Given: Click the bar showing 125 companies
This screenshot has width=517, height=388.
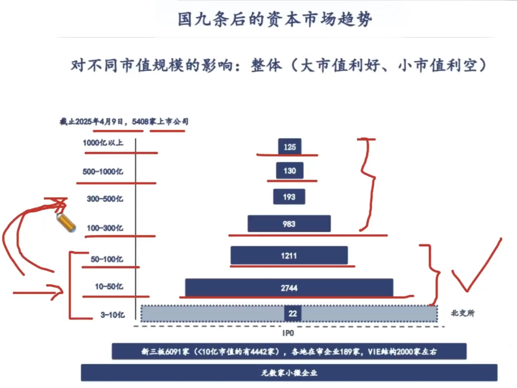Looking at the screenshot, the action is [x=290, y=146].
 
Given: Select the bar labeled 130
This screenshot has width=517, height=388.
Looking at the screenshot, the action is [x=290, y=171].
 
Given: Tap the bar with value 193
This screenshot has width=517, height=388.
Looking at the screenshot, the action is [x=289, y=197].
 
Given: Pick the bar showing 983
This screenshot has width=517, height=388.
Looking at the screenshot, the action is [x=289, y=224].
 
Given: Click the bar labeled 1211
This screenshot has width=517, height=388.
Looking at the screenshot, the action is [x=289, y=255].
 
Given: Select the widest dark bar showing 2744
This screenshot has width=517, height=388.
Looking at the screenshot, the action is [x=289, y=287].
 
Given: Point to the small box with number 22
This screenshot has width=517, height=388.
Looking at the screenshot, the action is [x=293, y=313].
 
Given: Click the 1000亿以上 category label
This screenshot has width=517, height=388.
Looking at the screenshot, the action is [x=103, y=143].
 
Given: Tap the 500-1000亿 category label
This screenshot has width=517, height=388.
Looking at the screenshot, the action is [x=103, y=171].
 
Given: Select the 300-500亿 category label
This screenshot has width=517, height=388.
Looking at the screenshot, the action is [x=105, y=199].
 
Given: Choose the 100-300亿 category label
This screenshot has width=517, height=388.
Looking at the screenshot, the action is [x=105, y=228].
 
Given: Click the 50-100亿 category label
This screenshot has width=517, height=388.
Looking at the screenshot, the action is [x=107, y=259].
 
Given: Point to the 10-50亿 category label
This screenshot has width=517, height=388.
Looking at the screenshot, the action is [x=109, y=287].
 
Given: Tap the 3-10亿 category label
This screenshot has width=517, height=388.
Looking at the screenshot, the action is [x=113, y=315].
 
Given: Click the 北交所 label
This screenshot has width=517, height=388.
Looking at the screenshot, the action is [x=463, y=313].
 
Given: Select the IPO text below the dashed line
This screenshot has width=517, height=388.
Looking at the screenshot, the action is [x=288, y=333].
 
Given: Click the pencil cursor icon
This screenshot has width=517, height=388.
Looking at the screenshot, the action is [x=66, y=223].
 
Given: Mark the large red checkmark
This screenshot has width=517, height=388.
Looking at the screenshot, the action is [x=477, y=265].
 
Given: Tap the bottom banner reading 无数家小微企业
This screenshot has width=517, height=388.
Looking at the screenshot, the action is [x=289, y=372].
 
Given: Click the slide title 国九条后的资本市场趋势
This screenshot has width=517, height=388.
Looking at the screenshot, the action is [x=275, y=19].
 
